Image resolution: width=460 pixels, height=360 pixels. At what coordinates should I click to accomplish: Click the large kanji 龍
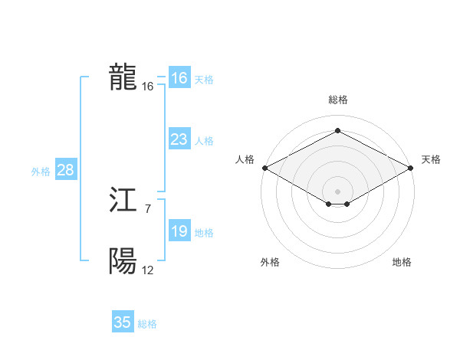click(123, 77)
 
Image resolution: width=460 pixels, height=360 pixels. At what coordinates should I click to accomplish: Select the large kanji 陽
click(123, 262)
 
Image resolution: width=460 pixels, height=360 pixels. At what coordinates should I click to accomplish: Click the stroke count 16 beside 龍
click(148, 87)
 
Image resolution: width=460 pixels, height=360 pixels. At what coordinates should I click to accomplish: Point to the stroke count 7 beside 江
click(148, 208)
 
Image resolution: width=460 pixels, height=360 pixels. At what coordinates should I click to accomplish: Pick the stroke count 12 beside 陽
click(148, 270)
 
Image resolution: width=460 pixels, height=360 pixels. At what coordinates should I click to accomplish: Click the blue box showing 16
click(179, 78)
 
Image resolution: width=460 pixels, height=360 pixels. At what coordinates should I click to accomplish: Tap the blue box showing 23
click(179, 139)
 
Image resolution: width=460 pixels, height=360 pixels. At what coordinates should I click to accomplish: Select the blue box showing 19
click(179, 231)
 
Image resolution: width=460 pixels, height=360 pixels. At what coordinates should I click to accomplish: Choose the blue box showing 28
click(65, 170)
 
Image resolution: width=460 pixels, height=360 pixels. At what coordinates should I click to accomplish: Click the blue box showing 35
click(123, 322)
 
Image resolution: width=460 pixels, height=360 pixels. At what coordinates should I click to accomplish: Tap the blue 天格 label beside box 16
click(203, 80)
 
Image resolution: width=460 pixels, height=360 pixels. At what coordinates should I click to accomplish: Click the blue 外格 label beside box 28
click(41, 172)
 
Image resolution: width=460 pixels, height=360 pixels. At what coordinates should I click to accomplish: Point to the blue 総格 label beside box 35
click(147, 324)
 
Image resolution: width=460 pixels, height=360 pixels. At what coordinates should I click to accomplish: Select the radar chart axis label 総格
click(337, 100)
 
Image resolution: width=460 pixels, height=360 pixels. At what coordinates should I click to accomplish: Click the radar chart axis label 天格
click(431, 159)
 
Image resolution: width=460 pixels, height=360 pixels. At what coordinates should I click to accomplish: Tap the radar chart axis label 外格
click(270, 262)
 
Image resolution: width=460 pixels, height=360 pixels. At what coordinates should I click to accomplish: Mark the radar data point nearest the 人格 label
click(264, 167)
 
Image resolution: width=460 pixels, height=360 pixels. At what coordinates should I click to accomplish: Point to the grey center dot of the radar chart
click(337, 191)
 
